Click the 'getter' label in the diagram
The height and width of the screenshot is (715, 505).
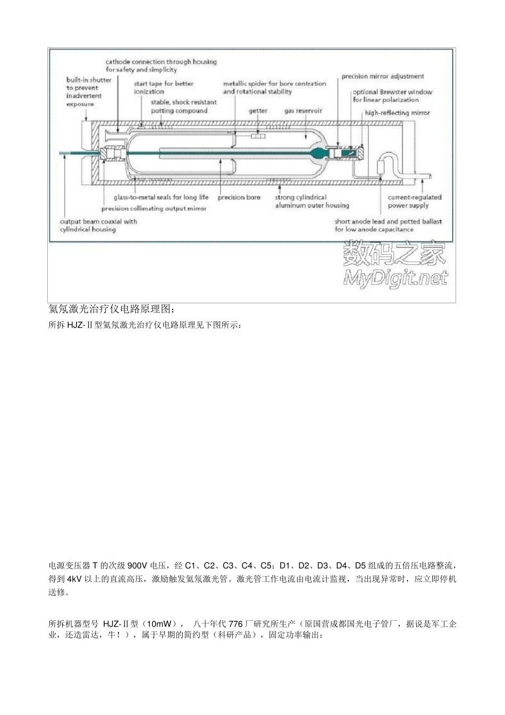tap(258, 111)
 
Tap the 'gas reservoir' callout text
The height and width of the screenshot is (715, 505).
tap(303, 111)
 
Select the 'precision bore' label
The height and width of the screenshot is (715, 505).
tap(239, 197)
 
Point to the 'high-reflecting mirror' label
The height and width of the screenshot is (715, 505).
tap(397, 113)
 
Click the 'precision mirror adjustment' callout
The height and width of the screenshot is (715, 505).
tap(382, 77)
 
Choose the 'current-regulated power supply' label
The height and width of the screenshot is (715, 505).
tap(414, 201)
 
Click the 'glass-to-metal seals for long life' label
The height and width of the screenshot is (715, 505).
tap(161, 197)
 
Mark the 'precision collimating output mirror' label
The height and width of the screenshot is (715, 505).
tap(154, 209)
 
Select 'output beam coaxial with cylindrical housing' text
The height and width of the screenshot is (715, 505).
tap(98, 225)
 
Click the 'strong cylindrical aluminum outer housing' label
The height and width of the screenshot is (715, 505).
tap(312, 201)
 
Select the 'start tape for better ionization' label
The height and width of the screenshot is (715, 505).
tap(163, 87)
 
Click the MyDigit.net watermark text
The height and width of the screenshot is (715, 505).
tap(395, 278)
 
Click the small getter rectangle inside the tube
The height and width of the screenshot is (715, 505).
tap(258, 136)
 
